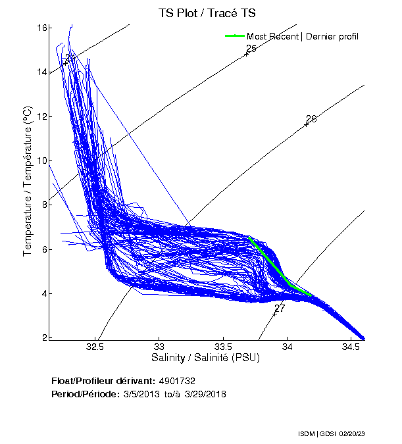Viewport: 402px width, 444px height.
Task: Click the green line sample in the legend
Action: click(234, 36)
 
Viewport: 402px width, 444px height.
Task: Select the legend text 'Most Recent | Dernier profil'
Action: click(302, 36)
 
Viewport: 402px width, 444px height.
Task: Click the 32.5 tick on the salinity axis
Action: click(96, 346)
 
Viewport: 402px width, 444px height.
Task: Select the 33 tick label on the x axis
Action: click(159, 346)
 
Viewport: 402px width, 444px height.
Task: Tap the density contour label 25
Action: click(251, 49)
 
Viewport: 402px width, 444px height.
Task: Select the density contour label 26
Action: click(311, 119)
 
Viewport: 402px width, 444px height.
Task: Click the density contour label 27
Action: click(280, 308)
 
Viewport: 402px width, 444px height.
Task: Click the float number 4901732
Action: click(177, 381)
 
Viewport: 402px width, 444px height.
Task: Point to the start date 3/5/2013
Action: click(142, 394)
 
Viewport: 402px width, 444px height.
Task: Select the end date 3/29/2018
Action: click(204, 394)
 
